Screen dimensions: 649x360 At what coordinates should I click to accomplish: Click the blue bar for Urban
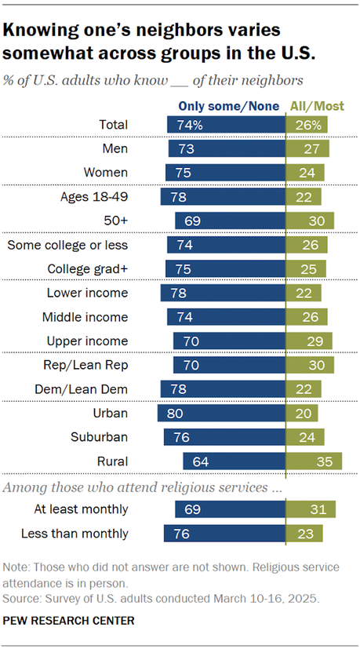221,414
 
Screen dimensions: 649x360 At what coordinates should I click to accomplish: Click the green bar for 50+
310,221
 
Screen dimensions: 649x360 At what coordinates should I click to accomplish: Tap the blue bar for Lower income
223,294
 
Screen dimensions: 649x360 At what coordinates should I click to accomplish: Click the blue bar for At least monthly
231,511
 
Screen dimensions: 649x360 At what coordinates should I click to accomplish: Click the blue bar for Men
227,148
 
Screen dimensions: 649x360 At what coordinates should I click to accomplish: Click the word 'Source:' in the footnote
24,599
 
